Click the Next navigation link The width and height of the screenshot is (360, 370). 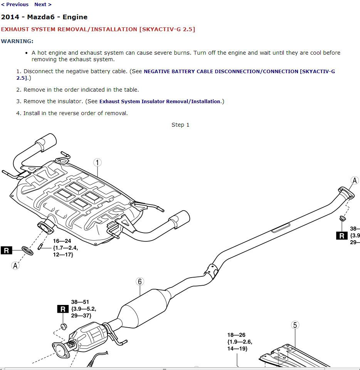42,5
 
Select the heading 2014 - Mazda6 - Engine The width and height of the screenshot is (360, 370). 44,17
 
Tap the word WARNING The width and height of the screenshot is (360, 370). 17,41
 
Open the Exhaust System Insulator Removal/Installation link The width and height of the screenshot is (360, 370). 160,102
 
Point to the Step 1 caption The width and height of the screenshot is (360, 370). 180,125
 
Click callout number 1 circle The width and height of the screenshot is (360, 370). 98,162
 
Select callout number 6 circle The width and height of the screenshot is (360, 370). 140,281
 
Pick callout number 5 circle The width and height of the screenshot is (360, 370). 295,325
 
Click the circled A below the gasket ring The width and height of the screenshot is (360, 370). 15,265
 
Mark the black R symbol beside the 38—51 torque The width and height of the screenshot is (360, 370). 62,309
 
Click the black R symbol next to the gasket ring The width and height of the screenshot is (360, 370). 7,251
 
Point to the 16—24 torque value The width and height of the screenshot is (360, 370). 62,241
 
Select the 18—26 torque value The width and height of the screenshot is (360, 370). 236,335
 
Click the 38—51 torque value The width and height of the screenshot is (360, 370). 80,302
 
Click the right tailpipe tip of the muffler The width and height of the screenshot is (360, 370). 180,218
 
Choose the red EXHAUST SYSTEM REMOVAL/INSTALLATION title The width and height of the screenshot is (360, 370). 98,29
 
